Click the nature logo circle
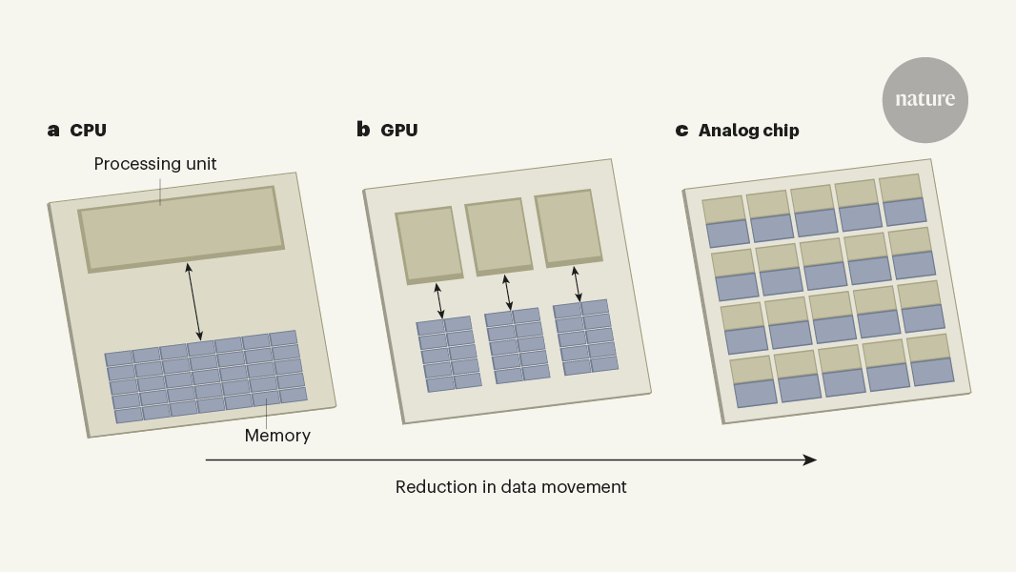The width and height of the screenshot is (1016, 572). pos(925,100)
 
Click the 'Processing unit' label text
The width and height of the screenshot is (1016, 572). pos(155,164)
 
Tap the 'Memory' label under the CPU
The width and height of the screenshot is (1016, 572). pos(277,436)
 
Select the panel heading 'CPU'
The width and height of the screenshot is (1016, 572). pos(89,131)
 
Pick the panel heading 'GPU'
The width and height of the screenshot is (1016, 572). pos(399,131)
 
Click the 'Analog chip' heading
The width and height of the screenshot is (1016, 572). pos(748,131)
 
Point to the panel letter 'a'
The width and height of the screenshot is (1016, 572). pos(53,130)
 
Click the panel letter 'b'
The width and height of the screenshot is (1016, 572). pos(363,130)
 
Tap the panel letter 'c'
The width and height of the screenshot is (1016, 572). pos(681,131)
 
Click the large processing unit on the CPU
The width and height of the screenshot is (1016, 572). pos(181,229)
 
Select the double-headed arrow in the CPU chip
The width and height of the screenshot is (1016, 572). pos(193,301)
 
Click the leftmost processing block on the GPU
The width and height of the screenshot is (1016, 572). pos(429,245)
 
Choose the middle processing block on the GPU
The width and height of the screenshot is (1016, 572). pos(498,237)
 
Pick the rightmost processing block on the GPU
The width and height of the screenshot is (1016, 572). pos(568,229)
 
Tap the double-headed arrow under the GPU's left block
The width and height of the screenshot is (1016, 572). pos(438,300)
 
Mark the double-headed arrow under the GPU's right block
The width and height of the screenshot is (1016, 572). pos(577,284)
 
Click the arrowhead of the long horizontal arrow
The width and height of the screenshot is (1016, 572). pos(810,460)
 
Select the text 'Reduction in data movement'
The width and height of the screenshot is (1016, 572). pos(511,487)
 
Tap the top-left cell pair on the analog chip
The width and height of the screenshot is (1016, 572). pos(725,221)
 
